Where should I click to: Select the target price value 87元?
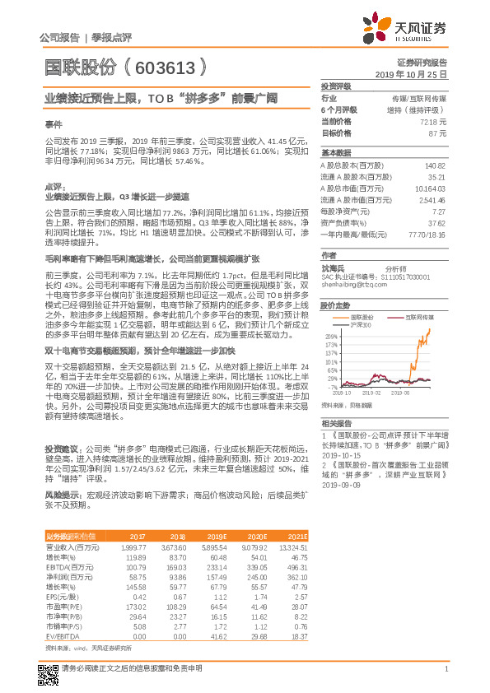[x=437, y=133]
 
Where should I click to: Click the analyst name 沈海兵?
[x=334, y=268]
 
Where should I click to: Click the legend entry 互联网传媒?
[x=415, y=316]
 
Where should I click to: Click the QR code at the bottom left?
[x=49, y=669]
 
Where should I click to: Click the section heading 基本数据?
[x=335, y=154]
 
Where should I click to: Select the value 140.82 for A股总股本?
[x=434, y=165]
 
